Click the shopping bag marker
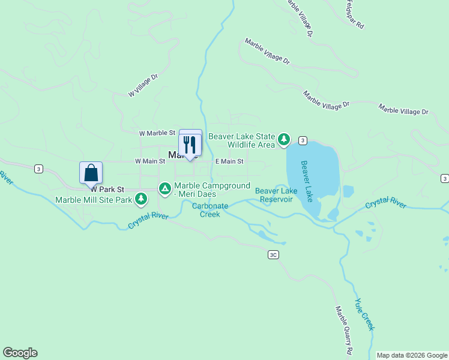[x=91, y=173]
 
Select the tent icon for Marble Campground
[x=164, y=189]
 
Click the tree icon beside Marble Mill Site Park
[x=141, y=198]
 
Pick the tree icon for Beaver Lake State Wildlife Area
[x=284, y=140]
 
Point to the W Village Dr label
[x=143, y=86]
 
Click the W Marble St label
[x=157, y=133]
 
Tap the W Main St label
[x=149, y=161]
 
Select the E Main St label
[x=229, y=161]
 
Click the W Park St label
[x=107, y=189]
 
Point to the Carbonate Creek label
[x=209, y=210]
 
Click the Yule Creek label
[x=364, y=314]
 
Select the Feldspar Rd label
[x=354, y=15]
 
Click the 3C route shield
[x=273, y=255]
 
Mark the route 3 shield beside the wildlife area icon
[x=303, y=140]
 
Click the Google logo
[x=20, y=353]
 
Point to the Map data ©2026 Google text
[x=412, y=355]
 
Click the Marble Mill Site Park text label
[x=94, y=200]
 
